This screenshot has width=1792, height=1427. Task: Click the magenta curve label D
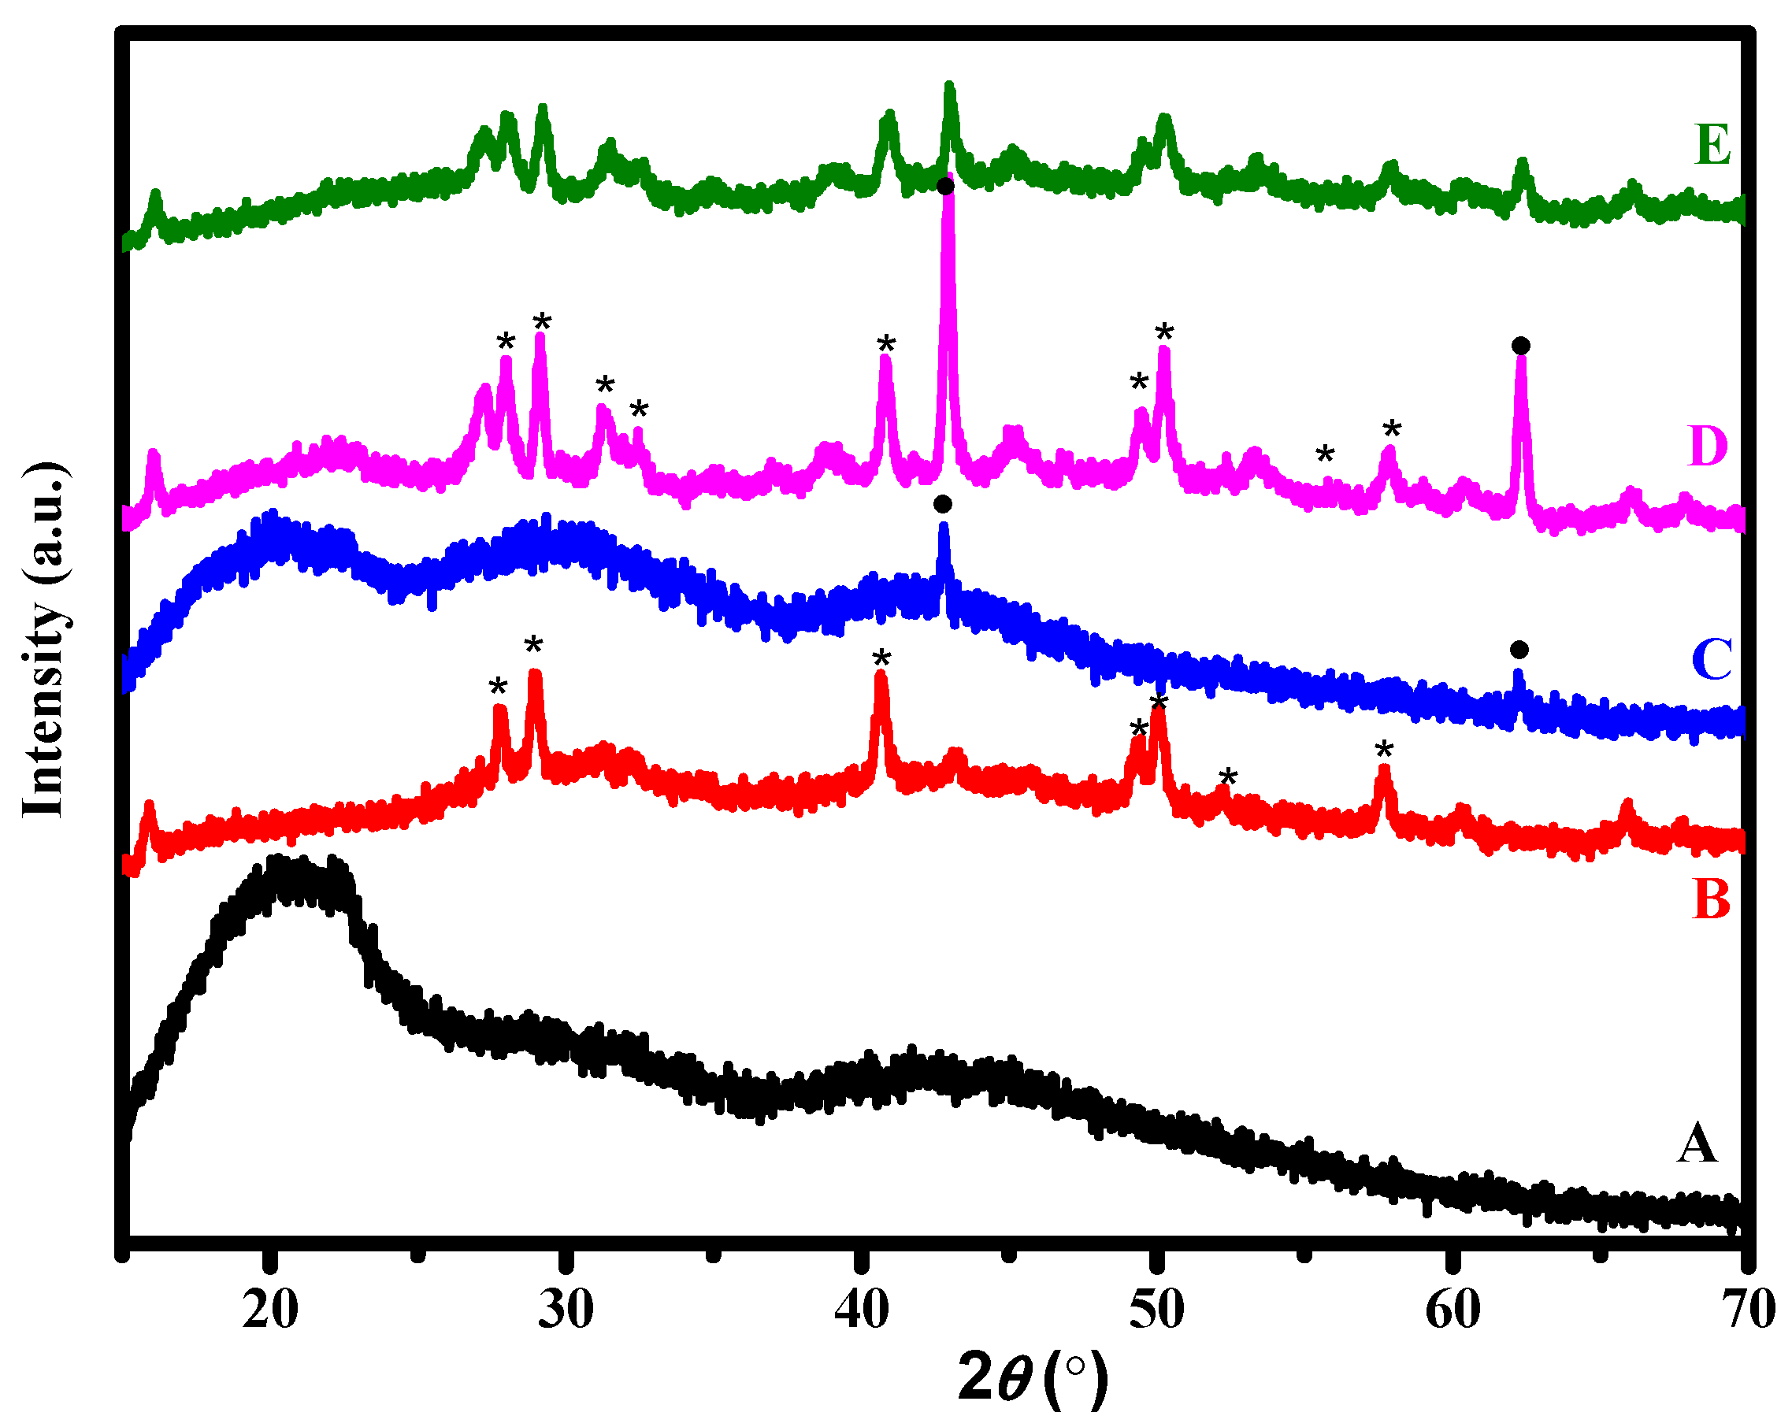coord(1708,446)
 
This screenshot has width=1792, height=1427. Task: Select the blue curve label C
coord(1712,659)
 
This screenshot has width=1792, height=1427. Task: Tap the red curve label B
coord(1712,899)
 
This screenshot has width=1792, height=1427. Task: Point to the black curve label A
coord(1697,1143)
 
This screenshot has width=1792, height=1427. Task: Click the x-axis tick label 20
coord(270,1310)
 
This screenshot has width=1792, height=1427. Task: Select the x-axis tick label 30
coord(566,1310)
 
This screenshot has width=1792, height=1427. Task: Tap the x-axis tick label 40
coord(862,1310)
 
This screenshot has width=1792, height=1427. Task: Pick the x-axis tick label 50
coord(1157,1310)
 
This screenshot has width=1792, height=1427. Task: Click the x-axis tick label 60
coord(1453,1310)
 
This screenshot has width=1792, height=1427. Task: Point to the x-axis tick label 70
coord(1748,1310)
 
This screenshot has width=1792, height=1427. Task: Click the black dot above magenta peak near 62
coord(1521,346)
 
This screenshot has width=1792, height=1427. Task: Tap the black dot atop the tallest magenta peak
coord(945,186)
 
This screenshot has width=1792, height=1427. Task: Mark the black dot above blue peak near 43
coord(943,505)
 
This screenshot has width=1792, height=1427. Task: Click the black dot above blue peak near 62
coord(1519,649)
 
